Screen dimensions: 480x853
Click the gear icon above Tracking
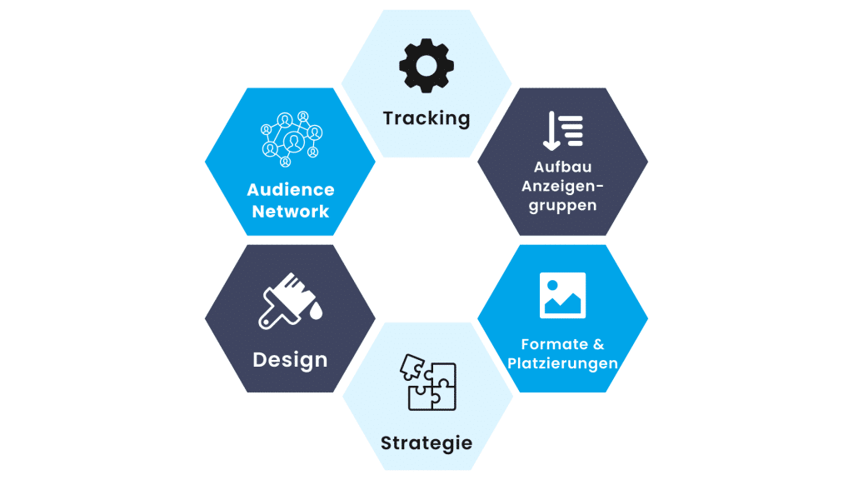(x=426, y=65)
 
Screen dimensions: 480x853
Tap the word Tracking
(x=426, y=118)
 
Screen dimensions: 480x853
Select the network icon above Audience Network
(x=291, y=135)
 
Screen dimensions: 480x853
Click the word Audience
(x=291, y=191)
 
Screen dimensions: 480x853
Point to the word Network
(x=291, y=212)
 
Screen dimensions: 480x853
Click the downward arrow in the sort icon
(x=551, y=130)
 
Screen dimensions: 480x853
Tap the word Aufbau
(x=562, y=167)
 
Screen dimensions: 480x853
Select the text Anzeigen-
(x=562, y=187)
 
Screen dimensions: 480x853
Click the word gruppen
(x=562, y=206)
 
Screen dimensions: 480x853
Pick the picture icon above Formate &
(x=562, y=295)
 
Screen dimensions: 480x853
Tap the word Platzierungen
(x=562, y=363)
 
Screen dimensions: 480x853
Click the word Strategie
(x=426, y=442)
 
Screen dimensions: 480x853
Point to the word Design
(x=290, y=361)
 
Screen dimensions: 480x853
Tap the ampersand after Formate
(x=598, y=344)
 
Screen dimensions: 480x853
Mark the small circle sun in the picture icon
(x=551, y=286)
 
